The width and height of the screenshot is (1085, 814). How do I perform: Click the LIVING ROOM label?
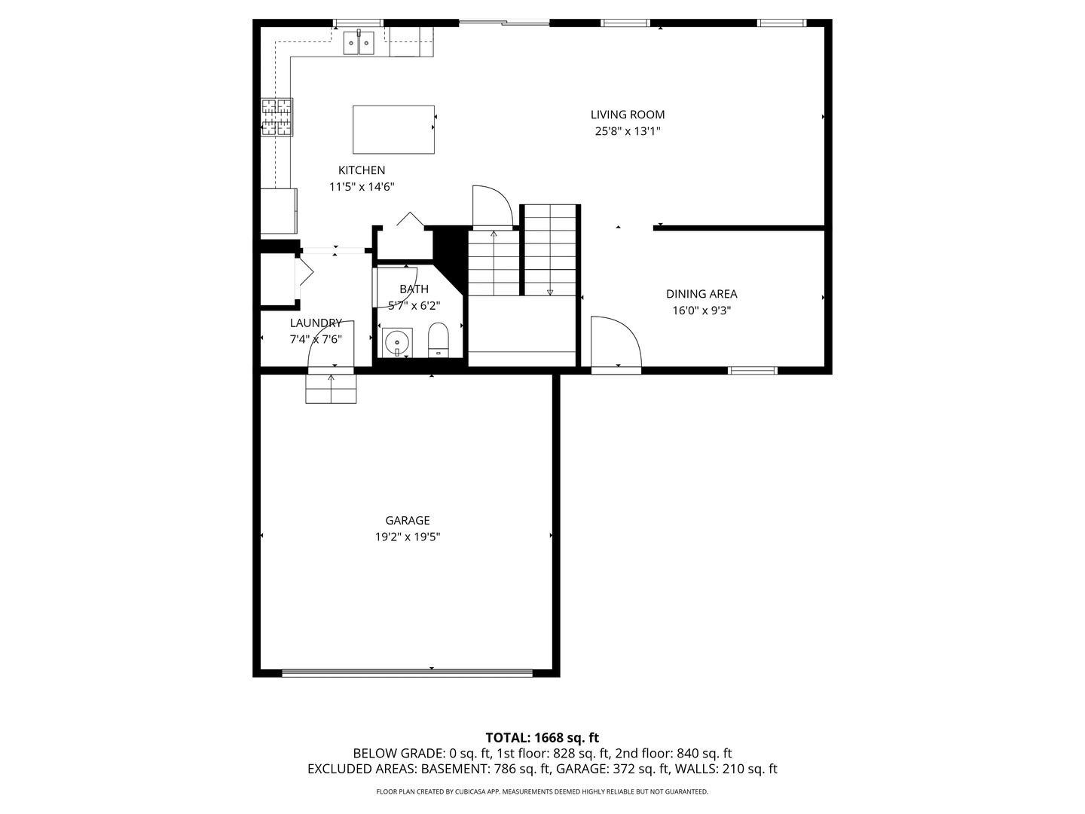click(x=627, y=115)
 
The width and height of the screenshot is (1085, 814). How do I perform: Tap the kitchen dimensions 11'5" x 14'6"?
click(x=362, y=187)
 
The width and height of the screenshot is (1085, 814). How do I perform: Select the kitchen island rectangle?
click(x=393, y=130)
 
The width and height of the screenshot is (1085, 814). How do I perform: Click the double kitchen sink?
click(x=359, y=43)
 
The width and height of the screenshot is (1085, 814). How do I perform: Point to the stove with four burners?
click(x=277, y=118)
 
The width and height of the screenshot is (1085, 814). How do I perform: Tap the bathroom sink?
click(x=396, y=343)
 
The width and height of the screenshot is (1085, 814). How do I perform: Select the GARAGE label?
click(x=408, y=520)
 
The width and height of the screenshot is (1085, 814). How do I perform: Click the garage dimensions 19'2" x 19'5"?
click(x=408, y=537)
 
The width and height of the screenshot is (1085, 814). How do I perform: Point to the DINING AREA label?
click(x=701, y=294)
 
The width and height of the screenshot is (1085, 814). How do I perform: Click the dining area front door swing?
click(x=613, y=343)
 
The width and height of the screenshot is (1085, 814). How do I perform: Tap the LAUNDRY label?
click(x=316, y=323)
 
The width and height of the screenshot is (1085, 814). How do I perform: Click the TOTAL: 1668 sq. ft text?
click(x=542, y=738)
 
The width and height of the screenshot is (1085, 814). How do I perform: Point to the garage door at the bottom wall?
click(x=407, y=672)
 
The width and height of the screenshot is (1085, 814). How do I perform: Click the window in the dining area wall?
click(x=752, y=370)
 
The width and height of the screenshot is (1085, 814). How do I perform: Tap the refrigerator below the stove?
click(x=279, y=212)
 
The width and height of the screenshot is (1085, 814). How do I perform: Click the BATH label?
click(x=414, y=289)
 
